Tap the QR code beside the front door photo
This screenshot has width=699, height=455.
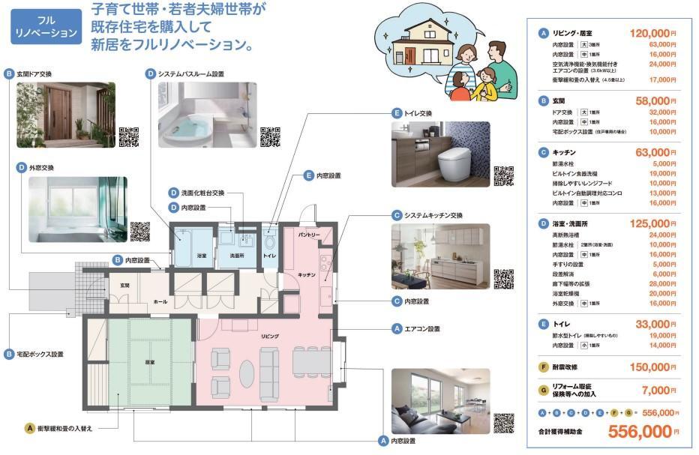[130, 138]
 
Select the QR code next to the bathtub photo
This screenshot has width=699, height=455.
[270, 138]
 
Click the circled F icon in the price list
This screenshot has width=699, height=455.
[544, 367]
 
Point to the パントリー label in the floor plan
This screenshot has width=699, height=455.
[309, 235]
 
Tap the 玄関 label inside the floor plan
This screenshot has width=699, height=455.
[125, 286]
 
